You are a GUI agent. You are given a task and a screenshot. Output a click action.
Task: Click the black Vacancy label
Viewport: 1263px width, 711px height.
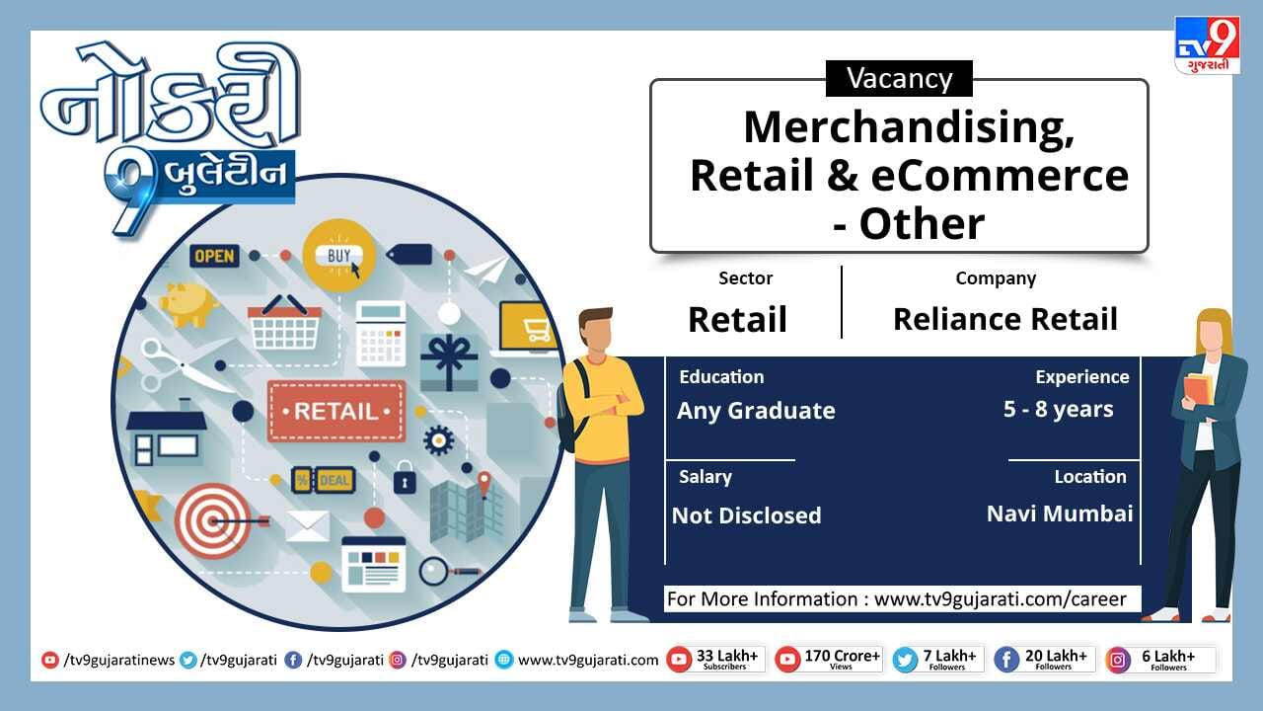click(899, 78)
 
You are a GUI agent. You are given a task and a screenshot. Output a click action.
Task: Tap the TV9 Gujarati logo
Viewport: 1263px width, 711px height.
click(1207, 45)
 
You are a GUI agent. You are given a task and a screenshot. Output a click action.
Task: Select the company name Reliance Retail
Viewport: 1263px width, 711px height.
click(1005, 319)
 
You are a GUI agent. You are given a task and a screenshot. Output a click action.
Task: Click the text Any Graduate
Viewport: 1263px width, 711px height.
click(756, 411)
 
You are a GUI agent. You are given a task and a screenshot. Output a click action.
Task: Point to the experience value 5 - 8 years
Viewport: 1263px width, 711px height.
click(1059, 409)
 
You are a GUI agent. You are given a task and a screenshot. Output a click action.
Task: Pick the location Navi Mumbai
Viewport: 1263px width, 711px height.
click(1060, 513)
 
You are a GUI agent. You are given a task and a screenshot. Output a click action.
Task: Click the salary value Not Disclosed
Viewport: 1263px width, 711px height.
click(747, 515)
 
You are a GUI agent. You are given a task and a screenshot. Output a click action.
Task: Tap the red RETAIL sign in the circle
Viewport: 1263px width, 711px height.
click(336, 411)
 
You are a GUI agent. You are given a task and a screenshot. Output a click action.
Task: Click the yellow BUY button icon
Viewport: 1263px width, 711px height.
click(338, 256)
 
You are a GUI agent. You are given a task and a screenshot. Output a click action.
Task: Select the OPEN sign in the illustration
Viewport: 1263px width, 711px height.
click(214, 256)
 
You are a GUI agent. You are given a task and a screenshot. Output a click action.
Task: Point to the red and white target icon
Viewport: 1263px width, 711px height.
click(213, 520)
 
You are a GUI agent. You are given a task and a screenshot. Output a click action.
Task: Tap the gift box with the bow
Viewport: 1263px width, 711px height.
click(449, 362)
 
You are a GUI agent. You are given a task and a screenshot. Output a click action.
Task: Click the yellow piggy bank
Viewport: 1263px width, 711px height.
click(188, 305)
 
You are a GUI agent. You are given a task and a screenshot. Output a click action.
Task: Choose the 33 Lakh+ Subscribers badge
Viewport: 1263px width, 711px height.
click(715, 660)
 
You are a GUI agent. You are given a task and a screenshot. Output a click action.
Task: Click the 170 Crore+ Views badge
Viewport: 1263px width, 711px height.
click(829, 660)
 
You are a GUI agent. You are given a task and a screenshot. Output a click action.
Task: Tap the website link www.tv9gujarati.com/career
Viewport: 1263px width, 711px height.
click(1001, 598)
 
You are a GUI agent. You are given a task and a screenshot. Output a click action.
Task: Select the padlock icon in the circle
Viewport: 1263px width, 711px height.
click(405, 478)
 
